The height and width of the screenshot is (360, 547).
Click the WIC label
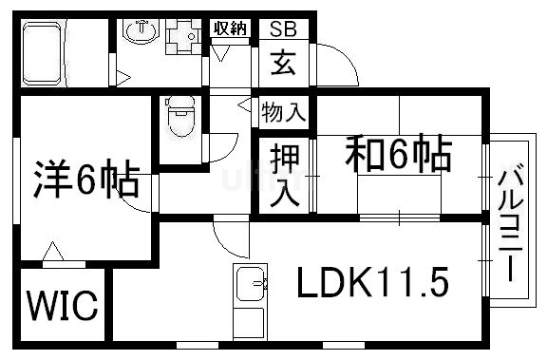(62, 306)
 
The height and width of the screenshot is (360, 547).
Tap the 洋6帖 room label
(87, 180)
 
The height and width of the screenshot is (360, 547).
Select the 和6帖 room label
(396, 155)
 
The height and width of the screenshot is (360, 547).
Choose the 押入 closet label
(281, 176)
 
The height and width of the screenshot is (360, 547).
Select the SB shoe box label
(283, 28)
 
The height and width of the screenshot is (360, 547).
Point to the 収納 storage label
(232, 28)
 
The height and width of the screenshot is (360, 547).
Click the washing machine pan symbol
(182, 39)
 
